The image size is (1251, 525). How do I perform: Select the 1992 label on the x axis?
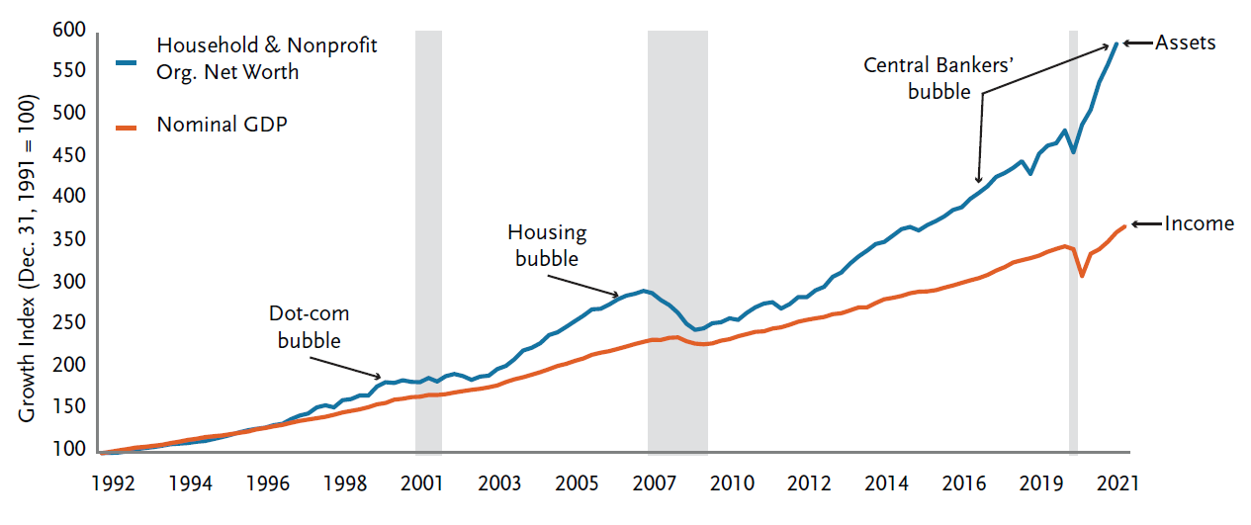coord(114,484)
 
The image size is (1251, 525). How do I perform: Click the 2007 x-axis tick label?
coord(654,484)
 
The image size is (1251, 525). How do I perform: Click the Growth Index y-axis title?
coord(28,259)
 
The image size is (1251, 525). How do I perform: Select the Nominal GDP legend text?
coord(222,126)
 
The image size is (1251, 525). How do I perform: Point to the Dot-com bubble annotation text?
coord(310,327)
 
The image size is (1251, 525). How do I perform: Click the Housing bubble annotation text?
coord(547,245)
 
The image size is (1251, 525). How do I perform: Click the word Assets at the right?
coord(1185,44)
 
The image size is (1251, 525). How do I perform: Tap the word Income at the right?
coord(1199,223)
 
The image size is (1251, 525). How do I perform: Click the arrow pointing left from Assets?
coord(1137,44)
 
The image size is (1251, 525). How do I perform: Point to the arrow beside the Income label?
coord(1145,224)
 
